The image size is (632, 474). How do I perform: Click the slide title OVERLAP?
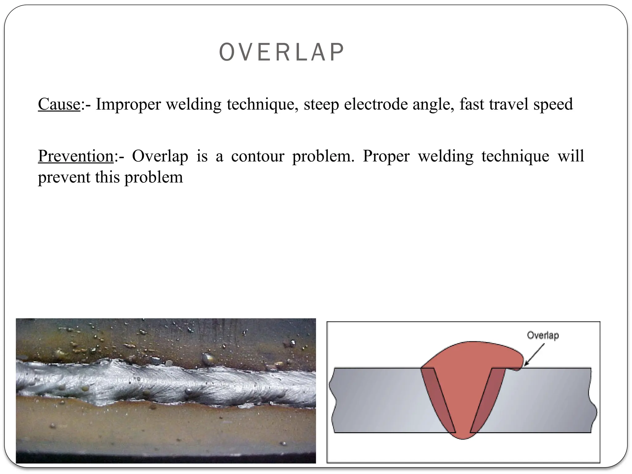[281, 52]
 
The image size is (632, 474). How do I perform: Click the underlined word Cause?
[59, 104]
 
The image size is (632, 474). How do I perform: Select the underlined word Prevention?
[76, 156]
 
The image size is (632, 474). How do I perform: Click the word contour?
[258, 156]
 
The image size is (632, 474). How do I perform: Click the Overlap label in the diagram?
[543, 335]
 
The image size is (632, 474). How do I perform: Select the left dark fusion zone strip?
[438, 401]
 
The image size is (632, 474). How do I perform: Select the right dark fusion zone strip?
[487, 401]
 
